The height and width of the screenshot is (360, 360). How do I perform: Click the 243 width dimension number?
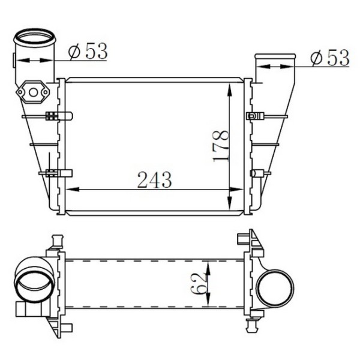pyautogui.click(x=155, y=179)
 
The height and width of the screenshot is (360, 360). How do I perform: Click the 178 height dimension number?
pyautogui.click(x=221, y=146)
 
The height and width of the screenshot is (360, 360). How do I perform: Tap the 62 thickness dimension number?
pyautogui.click(x=198, y=284)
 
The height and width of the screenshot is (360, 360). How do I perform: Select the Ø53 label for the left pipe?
pyautogui.click(x=88, y=51)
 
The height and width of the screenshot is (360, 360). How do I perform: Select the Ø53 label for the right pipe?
pyautogui.click(x=329, y=58)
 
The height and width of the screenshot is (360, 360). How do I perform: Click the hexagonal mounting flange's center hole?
pyautogui.click(x=33, y=92)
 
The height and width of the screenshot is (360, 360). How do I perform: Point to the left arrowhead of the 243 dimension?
pyautogui.click(x=73, y=189)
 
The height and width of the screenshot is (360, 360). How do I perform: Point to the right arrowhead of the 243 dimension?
pyautogui.click(x=236, y=190)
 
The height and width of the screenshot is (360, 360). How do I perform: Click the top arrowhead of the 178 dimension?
pyautogui.click(x=230, y=90)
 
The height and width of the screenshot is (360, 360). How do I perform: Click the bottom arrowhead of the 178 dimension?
pyautogui.click(x=230, y=203)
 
